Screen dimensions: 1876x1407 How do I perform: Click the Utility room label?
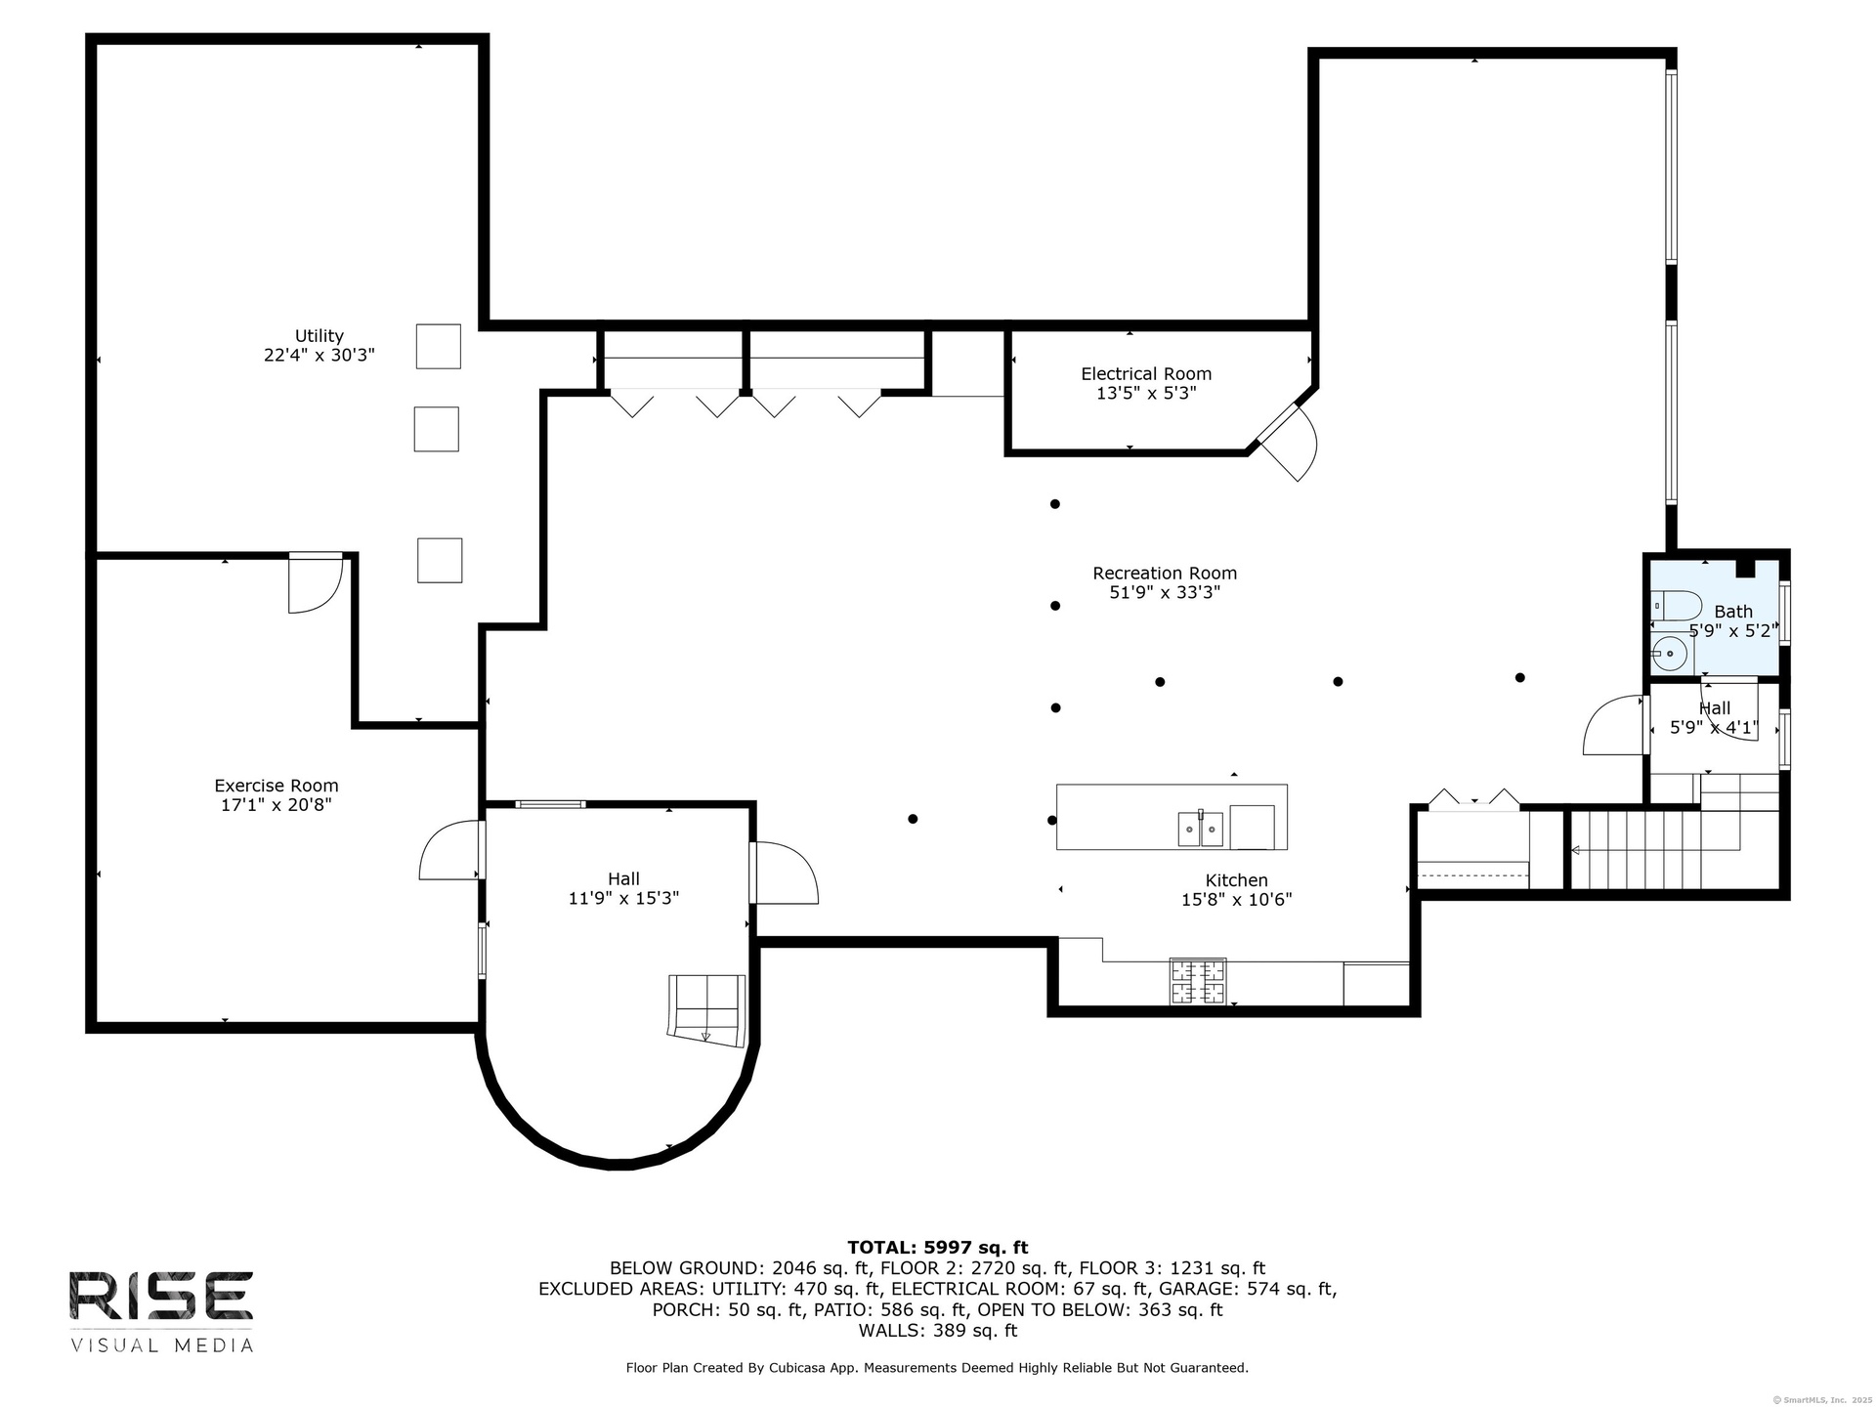[x=320, y=336]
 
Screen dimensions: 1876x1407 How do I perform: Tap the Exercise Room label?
[x=277, y=786]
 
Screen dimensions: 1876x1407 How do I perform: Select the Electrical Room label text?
[x=1146, y=374]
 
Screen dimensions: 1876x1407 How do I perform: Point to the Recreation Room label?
[x=1165, y=574]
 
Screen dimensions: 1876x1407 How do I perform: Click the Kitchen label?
[x=1236, y=880]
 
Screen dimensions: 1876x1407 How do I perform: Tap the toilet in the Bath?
[x=1677, y=605]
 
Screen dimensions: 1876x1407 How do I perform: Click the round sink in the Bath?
[x=1669, y=653]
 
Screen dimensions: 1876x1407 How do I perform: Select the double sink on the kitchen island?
[x=1200, y=829]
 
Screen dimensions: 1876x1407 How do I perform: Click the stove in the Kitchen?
[x=1198, y=981]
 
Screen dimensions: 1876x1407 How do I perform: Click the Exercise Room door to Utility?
[x=316, y=583]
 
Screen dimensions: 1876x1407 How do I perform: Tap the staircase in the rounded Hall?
[x=705, y=1009]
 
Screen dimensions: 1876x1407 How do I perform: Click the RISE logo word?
[x=161, y=1297]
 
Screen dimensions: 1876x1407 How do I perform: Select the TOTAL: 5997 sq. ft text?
[x=938, y=1247]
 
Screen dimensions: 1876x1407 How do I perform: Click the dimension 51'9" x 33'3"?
[x=1165, y=593]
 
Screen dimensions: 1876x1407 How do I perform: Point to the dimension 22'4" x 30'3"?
[x=320, y=356]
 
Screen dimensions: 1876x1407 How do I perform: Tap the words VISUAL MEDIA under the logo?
[x=161, y=1345]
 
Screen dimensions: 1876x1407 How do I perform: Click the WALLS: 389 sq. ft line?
[x=938, y=1331]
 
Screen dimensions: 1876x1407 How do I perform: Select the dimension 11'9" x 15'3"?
[x=623, y=898]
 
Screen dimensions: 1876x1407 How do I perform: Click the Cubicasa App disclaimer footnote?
[x=937, y=1368]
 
